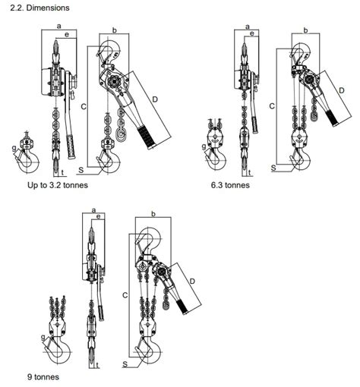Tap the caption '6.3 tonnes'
tap(231, 184)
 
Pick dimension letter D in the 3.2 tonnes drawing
tap(154, 99)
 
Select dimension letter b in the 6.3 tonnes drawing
tap(305, 30)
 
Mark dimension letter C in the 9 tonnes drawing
tap(124, 292)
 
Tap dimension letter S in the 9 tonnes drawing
tap(124, 365)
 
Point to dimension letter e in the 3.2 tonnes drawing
tap(68, 35)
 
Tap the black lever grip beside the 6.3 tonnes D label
tap(334, 116)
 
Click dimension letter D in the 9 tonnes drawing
tap(193, 281)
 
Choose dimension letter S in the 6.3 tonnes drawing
tap(273, 165)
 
